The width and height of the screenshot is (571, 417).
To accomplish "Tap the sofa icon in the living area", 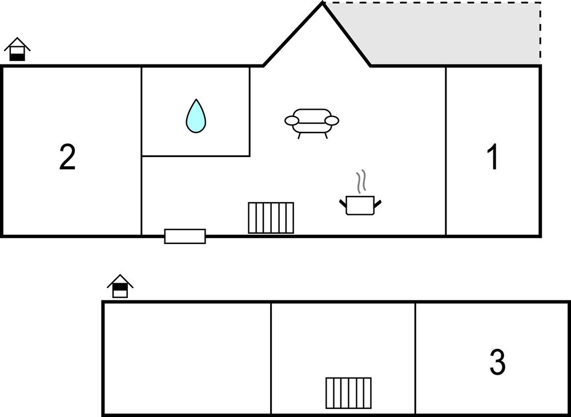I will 312,122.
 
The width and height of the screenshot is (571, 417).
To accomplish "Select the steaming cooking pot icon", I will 360,205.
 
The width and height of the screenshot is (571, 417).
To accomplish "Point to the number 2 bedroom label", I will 67,158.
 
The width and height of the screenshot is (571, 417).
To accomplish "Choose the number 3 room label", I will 497,362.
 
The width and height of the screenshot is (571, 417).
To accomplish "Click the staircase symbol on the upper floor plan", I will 271,218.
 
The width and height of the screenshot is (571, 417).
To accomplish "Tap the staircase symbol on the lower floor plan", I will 348,393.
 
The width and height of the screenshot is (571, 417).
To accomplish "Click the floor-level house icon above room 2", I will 17,50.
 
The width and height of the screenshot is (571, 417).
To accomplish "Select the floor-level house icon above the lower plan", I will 120,287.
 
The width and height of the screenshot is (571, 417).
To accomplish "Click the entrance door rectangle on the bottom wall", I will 185,236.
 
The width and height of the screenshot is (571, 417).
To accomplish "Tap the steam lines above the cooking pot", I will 360,182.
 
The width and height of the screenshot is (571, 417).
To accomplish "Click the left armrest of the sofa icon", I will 291,121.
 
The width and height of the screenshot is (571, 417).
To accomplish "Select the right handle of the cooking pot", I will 377,203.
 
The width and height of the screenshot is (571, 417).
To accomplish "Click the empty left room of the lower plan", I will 187,358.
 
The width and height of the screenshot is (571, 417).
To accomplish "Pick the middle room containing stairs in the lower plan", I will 343,343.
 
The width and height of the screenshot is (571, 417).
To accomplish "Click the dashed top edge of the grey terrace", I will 434,3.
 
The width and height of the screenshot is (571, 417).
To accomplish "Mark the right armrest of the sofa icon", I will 332,121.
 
